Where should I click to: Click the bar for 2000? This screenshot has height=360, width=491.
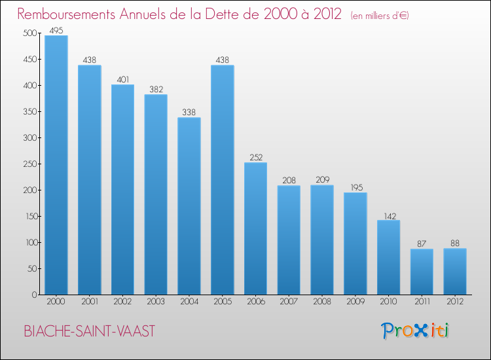56,165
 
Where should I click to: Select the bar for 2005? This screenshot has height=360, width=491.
222,180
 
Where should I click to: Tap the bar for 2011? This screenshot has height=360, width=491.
422,272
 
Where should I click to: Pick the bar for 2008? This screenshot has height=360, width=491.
322,240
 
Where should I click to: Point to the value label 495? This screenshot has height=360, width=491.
56,29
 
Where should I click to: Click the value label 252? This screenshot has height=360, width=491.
255,157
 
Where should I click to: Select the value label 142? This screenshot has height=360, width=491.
388,215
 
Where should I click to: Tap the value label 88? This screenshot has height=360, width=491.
455,243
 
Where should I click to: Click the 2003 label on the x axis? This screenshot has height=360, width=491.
156,302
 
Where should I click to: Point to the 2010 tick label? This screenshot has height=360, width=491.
388,302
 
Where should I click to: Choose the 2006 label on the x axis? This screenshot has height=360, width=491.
255,302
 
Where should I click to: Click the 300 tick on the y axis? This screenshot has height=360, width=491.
28,138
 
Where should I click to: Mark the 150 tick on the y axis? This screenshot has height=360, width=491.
28,217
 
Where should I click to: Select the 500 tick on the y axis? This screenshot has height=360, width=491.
28,33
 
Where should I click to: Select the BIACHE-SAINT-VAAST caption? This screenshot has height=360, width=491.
90,331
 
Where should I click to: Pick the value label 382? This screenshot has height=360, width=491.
156,90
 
